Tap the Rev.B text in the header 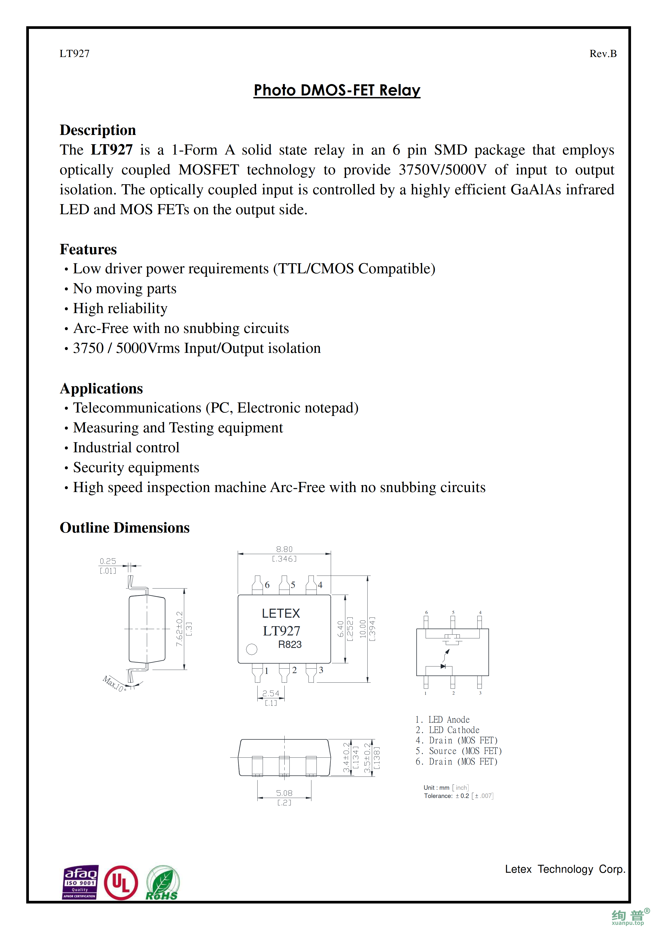click(x=603, y=54)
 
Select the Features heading click(x=88, y=249)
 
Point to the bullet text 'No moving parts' click(x=125, y=288)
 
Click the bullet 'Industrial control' click(x=126, y=447)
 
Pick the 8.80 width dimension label click(x=284, y=549)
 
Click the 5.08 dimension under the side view click(x=284, y=793)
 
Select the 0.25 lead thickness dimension click(x=108, y=561)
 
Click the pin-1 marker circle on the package click(x=252, y=649)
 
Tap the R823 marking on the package click(x=290, y=644)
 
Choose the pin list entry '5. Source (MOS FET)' click(x=459, y=751)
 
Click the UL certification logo click(x=121, y=883)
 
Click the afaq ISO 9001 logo click(x=80, y=882)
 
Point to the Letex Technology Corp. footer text click(x=565, y=869)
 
